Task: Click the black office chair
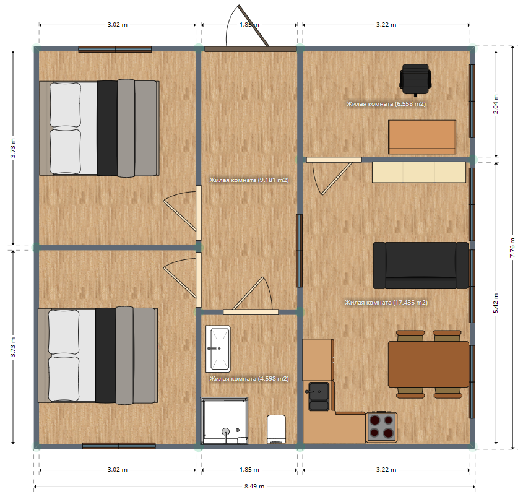point(415,79)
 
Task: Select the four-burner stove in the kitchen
point(382,427)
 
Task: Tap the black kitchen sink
point(319,396)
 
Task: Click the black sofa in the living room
point(421,266)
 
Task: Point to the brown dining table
point(428,364)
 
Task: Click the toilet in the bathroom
point(276,429)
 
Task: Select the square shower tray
point(224,420)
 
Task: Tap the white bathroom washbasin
point(218,349)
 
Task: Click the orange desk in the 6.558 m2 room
point(422,137)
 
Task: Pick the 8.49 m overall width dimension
point(254,487)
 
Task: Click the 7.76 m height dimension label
point(512,248)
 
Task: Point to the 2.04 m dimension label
point(496,104)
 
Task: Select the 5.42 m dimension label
point(496,303)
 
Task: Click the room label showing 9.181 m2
point(249,180)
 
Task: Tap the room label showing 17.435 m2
point(386,303)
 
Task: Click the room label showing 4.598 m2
point(249,379)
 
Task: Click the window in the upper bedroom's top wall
point(115,50)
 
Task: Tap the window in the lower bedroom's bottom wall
point(119,446)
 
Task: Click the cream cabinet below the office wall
point(419,172)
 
